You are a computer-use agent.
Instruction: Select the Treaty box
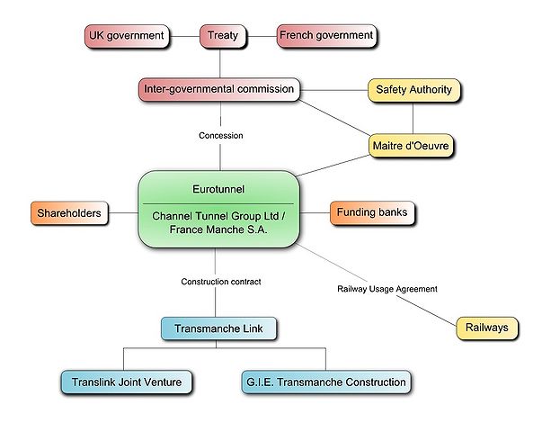click(x=222, y=36)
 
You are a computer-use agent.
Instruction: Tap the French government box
click(x=325, y=36)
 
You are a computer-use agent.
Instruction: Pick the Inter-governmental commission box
click(x=218, y=89)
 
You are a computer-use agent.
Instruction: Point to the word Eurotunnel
click(x=218, y=191)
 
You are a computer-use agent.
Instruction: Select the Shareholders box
click(x=69, y=214)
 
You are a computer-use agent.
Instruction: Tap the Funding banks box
click(x=371, y=213)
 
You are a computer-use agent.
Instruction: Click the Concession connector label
click(x=221, y=136)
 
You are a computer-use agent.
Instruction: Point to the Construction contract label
click(x=221, y=282)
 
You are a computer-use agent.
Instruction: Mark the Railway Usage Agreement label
click(x=387, y=289)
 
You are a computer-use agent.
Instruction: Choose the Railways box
click(x=486, y=328)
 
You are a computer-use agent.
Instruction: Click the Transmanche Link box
click(x=219, y=328)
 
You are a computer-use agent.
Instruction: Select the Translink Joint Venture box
click(x=127, y=382)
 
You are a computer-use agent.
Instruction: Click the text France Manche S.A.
click(x=218, y=230)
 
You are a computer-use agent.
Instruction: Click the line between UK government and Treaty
click(x=184, y=36)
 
